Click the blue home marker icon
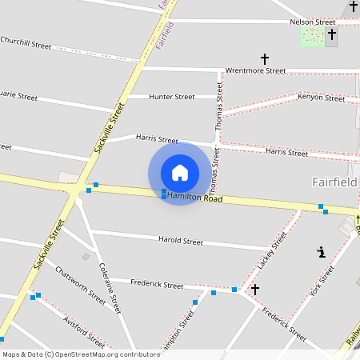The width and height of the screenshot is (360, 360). point(180,173)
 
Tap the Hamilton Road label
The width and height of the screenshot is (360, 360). point(195,198)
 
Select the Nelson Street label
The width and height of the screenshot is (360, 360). point(313,22)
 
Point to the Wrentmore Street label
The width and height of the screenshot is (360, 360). point(255,70)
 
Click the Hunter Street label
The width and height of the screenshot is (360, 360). point(172,97)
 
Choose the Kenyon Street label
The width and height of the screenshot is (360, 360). point(321,98)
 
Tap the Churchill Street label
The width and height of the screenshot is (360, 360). point(26,43)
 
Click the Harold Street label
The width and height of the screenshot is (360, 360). point(180,240)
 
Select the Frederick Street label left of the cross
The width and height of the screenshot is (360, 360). point(157,284)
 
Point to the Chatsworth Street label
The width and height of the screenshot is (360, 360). point(80,284)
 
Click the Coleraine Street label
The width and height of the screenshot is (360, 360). point(109,288)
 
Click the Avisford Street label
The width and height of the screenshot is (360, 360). point(83,329)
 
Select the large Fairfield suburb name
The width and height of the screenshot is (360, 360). point(334,182)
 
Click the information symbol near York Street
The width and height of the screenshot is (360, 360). point(322,252)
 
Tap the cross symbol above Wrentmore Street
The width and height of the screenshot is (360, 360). point(265,58)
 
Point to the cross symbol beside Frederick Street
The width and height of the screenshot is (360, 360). point(255,289)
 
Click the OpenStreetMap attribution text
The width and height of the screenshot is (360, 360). point(82,354)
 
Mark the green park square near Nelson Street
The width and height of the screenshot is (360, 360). point(312,36)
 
